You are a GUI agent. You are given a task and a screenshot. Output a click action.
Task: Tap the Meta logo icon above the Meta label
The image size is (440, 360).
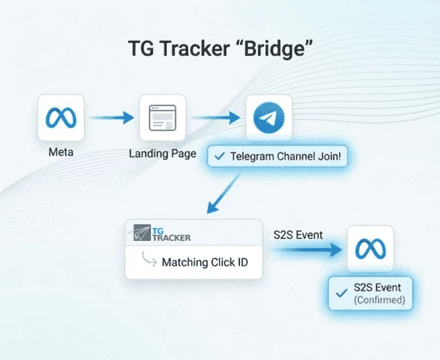point(60,118)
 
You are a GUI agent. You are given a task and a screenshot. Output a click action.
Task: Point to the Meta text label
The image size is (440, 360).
point(60,152)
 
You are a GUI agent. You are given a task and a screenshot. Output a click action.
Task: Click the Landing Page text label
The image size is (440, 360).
point(163,153)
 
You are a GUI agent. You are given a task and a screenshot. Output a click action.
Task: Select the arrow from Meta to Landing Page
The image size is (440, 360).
point(111,118)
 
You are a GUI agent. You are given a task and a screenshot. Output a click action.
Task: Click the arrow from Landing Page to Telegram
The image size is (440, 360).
point(216,118)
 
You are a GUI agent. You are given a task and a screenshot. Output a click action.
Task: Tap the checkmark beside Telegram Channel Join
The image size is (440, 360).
point(219,157)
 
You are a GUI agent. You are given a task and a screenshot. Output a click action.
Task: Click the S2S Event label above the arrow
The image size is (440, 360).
point(297,235)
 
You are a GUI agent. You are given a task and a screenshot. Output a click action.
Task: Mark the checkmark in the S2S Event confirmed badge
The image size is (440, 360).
point(341,294)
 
